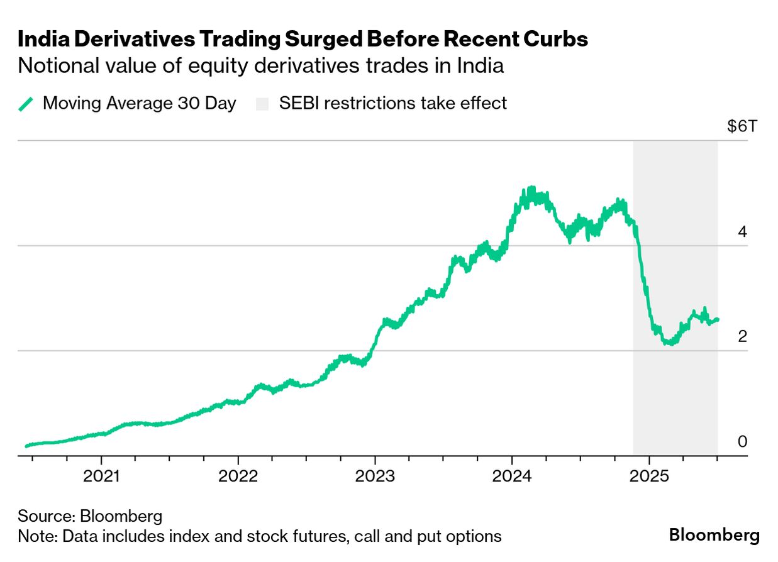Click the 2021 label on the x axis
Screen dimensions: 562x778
pos(101,477)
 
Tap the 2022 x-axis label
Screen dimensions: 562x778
pos(238,477)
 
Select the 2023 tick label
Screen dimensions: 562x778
pos(375,477)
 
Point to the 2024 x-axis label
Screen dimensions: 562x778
pos(512,477)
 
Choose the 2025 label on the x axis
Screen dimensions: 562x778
pos(648,477)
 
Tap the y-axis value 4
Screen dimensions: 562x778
pos(742,231)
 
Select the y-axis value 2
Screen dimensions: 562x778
pos(742,336)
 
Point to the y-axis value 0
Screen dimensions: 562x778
pos(742,441)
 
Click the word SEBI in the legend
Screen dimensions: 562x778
pos(299,103)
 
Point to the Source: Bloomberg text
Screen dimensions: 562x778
pos(90,517)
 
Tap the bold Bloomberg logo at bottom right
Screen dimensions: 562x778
pos(714,535)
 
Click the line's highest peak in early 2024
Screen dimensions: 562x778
pos(531,188)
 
